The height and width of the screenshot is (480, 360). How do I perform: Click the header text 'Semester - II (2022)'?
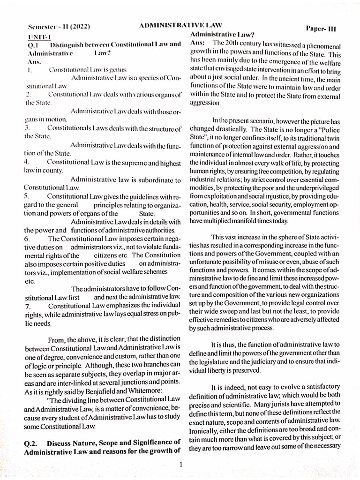(59, 27)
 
